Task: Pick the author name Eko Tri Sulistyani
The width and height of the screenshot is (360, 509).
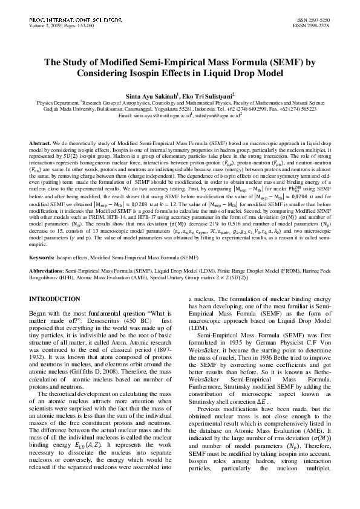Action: [205, 95]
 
